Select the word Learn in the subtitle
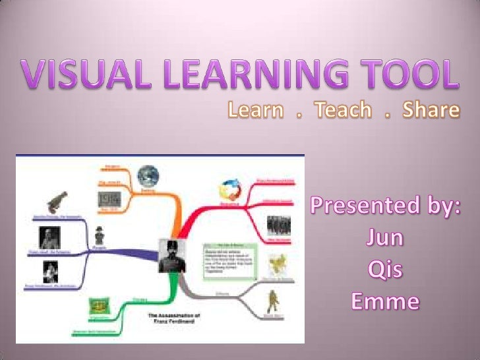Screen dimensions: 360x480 pyautogui.click(x=255, y=110)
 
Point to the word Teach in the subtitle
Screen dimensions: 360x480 pyautogui.click(x=342, y=110)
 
